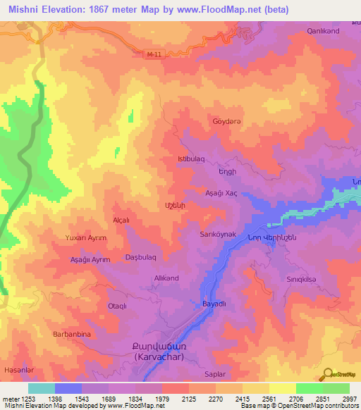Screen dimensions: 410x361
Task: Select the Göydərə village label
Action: click(227, 121)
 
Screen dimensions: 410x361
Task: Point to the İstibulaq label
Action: click(191, 159)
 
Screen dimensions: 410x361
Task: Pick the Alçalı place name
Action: click(121, 220)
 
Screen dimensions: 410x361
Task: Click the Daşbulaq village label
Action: click(140, 258)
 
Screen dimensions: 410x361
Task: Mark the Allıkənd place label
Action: click(167, 278)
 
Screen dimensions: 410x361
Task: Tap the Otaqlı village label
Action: click(117, 306)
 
